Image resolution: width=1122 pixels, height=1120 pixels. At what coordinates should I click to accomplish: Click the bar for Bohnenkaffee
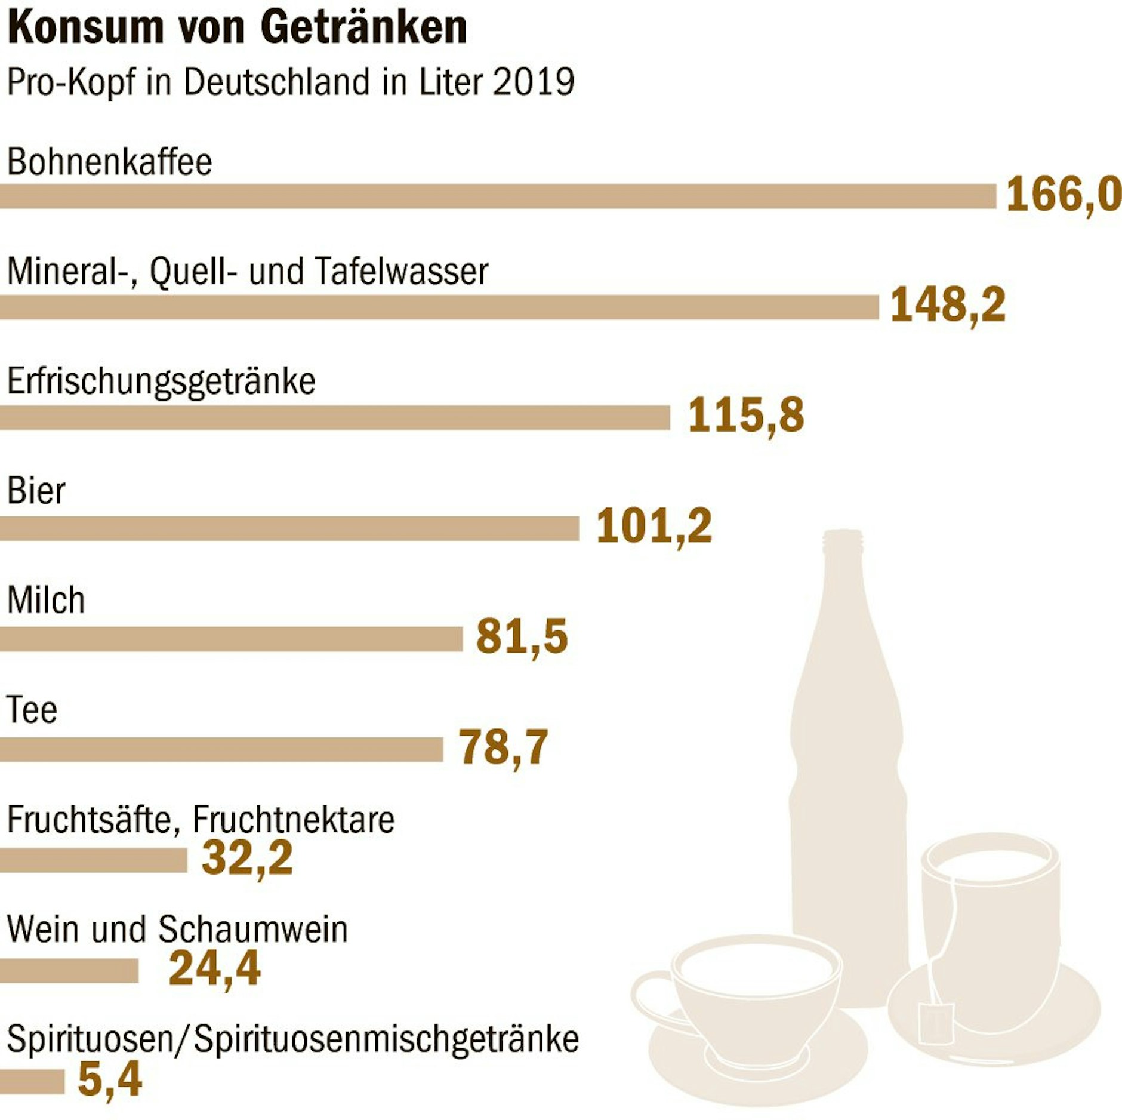[498, 196]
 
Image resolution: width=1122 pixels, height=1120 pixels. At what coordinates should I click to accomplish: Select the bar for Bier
[289, 528]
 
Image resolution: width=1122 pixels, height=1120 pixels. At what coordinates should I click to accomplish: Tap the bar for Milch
[231, 639]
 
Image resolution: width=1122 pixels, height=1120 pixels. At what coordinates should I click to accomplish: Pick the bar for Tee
[221, 749]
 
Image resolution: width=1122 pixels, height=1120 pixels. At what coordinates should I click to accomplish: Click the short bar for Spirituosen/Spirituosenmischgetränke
[32, 1081]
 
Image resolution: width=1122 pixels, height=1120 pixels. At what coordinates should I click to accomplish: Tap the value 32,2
[247, 859]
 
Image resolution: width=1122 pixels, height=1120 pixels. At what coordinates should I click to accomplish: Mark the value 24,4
[215, 969]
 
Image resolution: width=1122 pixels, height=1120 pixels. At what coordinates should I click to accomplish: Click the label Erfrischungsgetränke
[161, 381]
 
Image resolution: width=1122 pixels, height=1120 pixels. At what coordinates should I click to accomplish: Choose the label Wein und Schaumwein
[177, 930]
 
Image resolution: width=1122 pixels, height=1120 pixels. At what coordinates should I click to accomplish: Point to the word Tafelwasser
[401, 272]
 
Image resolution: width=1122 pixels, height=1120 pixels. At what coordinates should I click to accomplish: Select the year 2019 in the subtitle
[534, 82]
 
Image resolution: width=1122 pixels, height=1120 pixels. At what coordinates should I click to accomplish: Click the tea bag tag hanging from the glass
[936, 1023]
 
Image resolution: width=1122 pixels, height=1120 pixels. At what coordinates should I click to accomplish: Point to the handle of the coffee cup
[652, 998]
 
